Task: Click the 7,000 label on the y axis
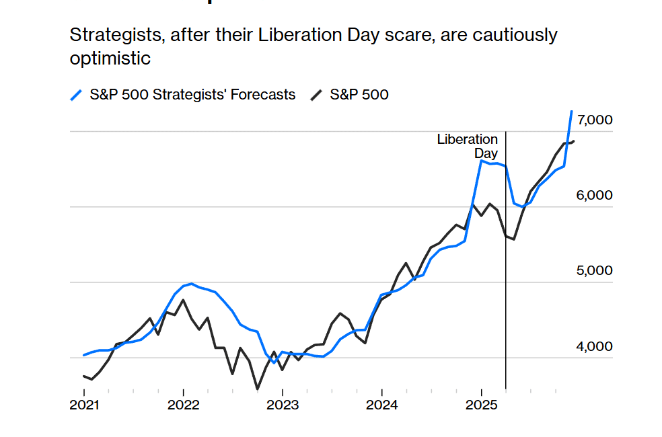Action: pyautogui.click(x=595, y=120)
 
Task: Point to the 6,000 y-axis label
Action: pyautogui.click(x=595, y=196)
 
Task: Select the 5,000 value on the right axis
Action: pyautogui.click(x=595, y=271)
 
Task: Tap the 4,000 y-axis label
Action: pyautogui.click(x=595, y=347)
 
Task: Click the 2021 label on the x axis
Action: pyautogui.click(x=84, y=405)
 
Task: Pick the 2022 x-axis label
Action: pyautogui.click(x=183, y=405)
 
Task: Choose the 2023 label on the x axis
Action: pyautogui.click(x=283, y=405)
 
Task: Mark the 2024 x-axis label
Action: pyautogui.click(x=381, y=405)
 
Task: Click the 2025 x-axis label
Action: pyautogui.click(x=481, y=405)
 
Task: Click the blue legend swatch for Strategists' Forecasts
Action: pyautogui.click(x=77, y=95)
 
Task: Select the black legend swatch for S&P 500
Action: pyautogui.click(x=316, y=95)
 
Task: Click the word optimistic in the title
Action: pyautogui.click(x=110, y=58)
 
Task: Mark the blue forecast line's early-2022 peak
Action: pyautogui.click(x=192, y=284)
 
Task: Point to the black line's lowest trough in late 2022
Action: pyautogui.click(x=257, y=389)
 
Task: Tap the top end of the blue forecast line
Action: pyautogui.click(x=571, y=112)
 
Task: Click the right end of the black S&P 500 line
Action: pyautogui.click(x=573, y=141)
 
